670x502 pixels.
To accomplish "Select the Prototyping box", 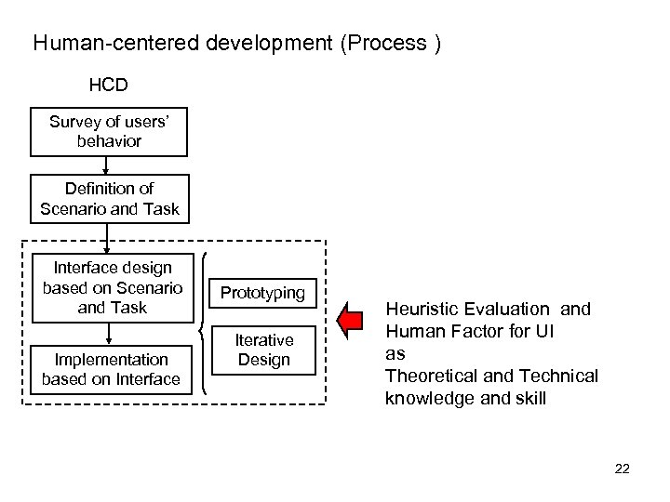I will click(x=262, y=293).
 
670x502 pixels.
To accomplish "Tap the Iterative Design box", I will click(x=263, y=350).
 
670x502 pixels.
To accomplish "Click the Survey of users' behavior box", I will click(x=109, y=132).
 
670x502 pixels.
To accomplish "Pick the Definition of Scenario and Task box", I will click(x=109, y=199).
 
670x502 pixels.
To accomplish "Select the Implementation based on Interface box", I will click(x=110, y=368).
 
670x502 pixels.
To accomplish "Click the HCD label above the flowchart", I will click(x=108, y=86).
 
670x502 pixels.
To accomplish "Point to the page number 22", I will click(x=622, y=469).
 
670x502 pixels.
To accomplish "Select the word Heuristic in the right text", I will click(x=419, y=310).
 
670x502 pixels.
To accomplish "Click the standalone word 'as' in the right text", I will click(x=395, y=354).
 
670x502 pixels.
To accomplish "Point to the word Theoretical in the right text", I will click(x=428, y=376).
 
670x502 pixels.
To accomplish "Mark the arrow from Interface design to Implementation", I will click(x=110, y=330).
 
